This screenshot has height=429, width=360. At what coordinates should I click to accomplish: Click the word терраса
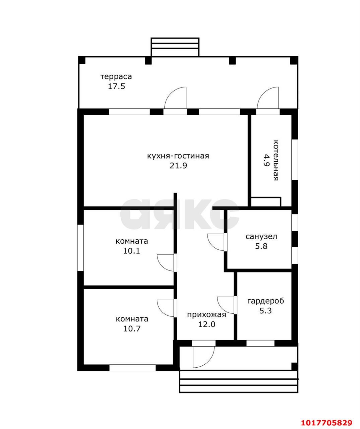pyautogui.click(x=116, y=77)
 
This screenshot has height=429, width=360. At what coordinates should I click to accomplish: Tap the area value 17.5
pyautogui.click(x=117, y=86)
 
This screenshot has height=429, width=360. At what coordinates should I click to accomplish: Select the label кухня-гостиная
pyautogui.click(x=178, y=156)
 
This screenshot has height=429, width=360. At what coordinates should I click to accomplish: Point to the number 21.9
pyautogui.click(x=178, y=166)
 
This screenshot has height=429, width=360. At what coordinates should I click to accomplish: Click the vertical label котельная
pyautogui.click(x=276, y=160)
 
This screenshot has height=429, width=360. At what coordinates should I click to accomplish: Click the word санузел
pyautogui.click(x=261, y=237)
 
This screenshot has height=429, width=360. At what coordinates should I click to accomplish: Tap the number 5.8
pyautogui.click(x=261, y=246)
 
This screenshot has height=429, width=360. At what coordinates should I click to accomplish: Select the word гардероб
pyautogui.click(x=266, y=301)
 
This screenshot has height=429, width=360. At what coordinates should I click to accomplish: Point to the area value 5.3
pyautogui.click(x=265, y=310)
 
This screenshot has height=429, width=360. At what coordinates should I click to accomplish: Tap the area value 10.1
pyautogui.click(x=131, y=251)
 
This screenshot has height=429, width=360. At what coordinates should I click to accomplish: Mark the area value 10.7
pyautogui.click(x=132, y=328)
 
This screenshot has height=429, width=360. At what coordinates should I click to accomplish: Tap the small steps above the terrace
pyautogui.click(x=175, y=47)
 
